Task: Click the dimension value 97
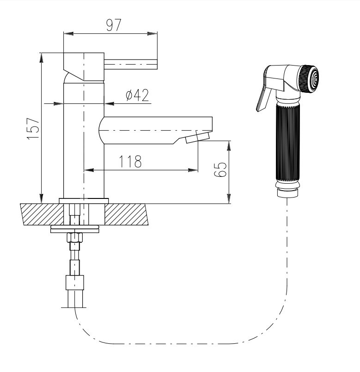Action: coord(114,25)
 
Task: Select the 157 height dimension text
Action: coord(33,129)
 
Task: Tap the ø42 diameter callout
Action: coord(137,95)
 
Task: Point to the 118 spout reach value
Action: coord(130,162)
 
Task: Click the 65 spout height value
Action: coord(220,170)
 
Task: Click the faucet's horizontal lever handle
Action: coord(131,64)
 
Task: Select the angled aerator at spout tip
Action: coord(198,138)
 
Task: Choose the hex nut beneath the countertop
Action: coord(74,237)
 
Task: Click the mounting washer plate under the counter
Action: coord(75,229)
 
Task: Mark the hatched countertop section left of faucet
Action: coord(42,214)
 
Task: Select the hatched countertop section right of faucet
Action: coord(126,214)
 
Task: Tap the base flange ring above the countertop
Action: coord(84,201)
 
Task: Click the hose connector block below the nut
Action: coord(75,282)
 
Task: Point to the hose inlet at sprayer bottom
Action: coord(287,192)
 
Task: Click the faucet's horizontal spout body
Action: coord(156,130)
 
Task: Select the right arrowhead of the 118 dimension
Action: coord(193,170)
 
